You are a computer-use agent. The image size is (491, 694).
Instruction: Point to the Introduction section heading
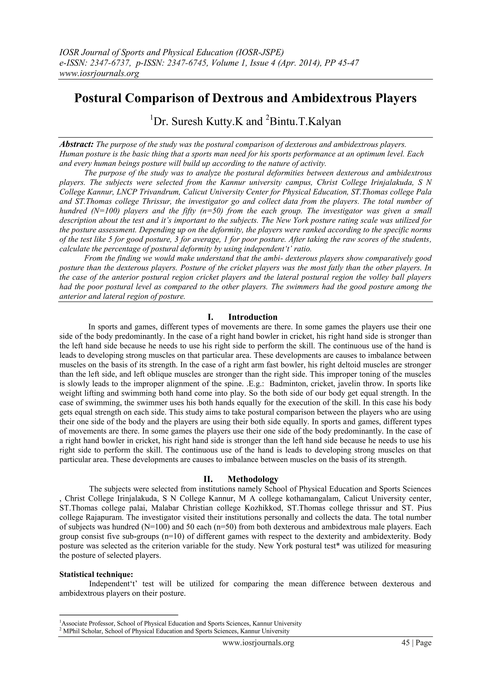click(253, 317)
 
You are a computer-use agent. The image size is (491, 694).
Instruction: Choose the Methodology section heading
click(253, 479)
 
